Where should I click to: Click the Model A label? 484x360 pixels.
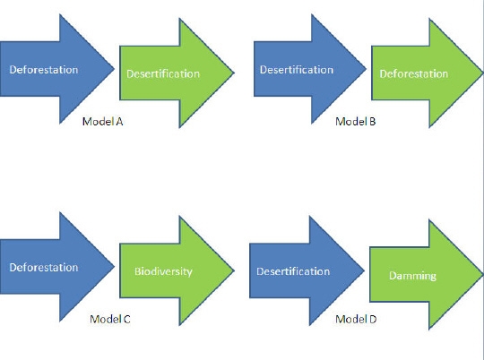click(103, 122)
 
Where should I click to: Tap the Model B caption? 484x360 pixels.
click(356, 122)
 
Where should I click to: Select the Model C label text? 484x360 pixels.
click(110, 319)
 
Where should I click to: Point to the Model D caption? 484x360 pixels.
click(356, 319)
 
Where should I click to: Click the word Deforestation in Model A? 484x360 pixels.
click(44, 70)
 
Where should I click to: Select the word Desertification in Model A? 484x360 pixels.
click(163, 73)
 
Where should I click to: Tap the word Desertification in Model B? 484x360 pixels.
click(297, 70)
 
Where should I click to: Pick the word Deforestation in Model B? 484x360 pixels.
click(414, 73)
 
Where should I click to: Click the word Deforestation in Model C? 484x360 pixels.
click(44, 267)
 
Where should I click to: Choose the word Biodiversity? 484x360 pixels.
click(163, 271)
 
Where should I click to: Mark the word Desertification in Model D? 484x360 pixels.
click(293, 271)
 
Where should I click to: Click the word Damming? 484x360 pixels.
click(412, 276)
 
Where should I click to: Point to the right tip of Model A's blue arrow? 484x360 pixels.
click(114, 69)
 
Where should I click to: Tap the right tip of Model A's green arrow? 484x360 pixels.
click(234, 73)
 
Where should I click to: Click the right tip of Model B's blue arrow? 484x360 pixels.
click(366, 69)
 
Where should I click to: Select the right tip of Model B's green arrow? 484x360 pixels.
click(483, 73)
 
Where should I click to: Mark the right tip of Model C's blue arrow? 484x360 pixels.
click(114, 267)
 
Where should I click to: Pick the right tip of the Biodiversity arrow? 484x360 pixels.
click(234, 270)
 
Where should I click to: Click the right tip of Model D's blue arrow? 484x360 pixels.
click(364, 270)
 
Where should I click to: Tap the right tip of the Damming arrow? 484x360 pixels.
click(483, 275)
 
